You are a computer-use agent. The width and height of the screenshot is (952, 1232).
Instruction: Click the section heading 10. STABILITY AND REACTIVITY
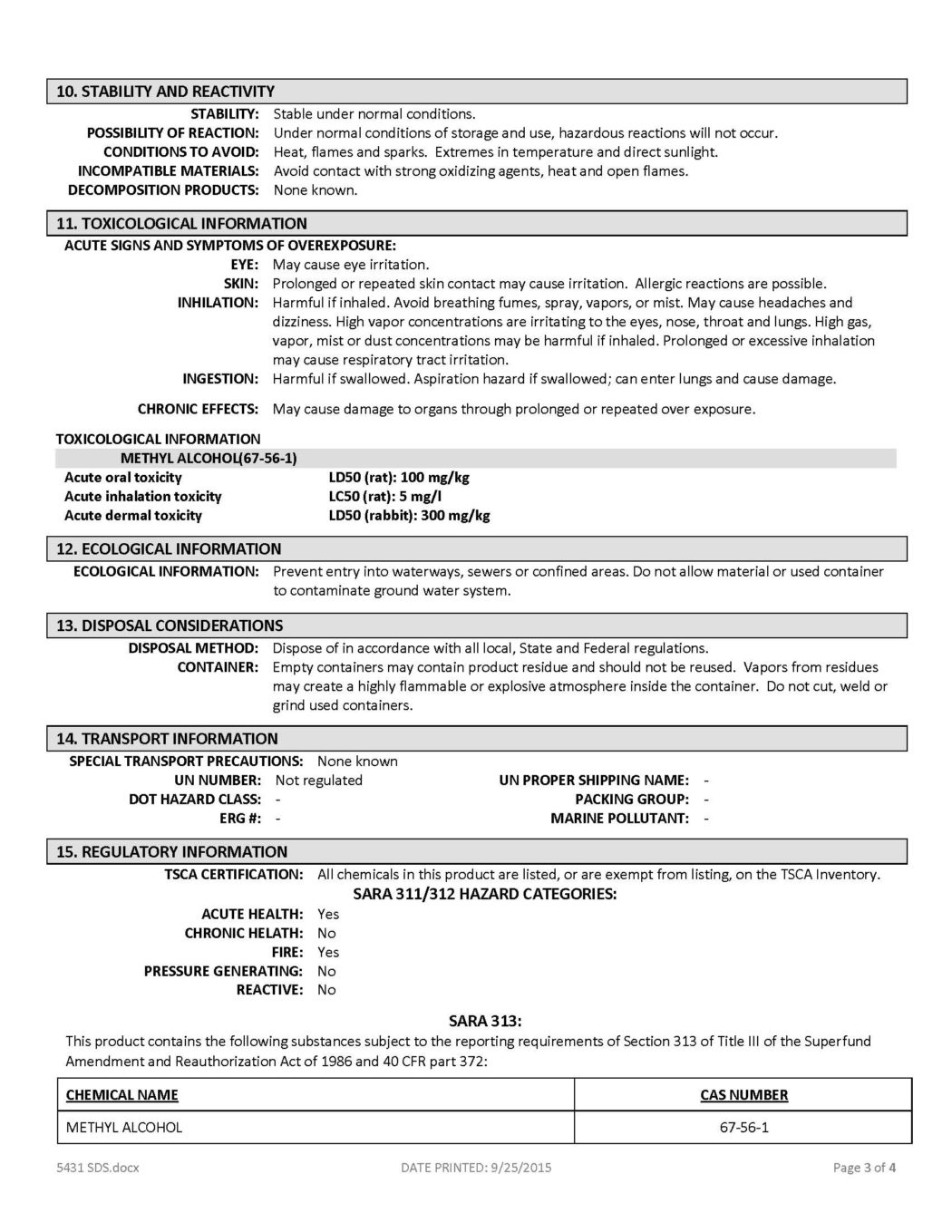165,92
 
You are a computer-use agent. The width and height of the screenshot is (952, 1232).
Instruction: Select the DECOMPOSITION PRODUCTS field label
163,190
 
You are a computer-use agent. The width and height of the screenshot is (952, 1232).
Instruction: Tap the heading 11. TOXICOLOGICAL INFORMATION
181,224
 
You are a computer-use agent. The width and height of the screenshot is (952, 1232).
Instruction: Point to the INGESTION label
220,379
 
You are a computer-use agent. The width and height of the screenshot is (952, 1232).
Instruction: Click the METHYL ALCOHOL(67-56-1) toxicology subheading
209,459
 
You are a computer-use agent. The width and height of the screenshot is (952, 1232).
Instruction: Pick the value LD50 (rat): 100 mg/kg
399,478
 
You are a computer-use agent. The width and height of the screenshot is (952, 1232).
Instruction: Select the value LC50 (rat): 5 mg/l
385,497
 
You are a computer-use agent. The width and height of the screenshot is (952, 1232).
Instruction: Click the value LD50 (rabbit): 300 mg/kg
409,516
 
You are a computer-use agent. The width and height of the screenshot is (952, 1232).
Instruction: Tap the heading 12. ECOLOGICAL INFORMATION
169,549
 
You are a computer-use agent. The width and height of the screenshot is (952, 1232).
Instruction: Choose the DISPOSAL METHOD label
193,648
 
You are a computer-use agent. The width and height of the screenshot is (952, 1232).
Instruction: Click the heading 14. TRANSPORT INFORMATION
167,739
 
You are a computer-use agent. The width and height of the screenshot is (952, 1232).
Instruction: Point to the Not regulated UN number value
318,781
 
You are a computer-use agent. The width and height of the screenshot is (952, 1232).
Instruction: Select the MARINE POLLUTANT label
619,819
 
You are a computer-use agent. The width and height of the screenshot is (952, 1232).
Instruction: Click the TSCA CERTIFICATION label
233,875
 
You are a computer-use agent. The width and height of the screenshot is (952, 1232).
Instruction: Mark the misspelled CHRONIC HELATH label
243,934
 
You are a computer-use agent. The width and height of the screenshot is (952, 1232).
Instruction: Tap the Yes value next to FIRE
328,953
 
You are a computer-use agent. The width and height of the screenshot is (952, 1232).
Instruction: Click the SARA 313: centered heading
485,1022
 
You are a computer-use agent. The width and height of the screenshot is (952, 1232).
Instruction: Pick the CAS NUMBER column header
743,1095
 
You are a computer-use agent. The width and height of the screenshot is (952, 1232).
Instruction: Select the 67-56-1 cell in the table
743,1128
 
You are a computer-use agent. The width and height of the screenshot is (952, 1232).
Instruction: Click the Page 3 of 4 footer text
864,1168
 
